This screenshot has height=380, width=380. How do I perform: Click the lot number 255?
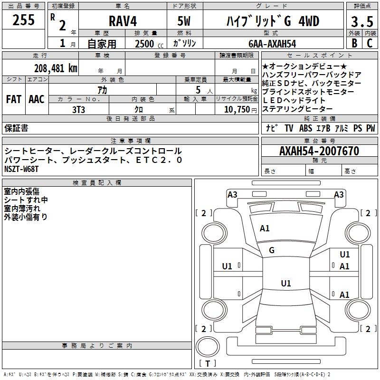coord(23,20)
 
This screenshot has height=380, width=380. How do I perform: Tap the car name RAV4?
coord(123,21)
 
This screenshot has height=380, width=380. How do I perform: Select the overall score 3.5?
coord(362,21)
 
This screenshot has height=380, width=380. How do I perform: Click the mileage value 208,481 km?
coord(56,68)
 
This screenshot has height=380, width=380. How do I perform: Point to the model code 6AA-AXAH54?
coord(272,44)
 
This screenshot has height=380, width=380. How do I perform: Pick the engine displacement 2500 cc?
coord(149,44)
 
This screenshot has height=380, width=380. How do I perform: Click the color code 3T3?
coord(78,110)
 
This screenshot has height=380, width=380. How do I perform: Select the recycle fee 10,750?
coord(237,110)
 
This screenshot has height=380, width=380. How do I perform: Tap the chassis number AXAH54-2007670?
coord(319,151)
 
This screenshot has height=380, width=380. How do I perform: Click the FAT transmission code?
coord(14,99)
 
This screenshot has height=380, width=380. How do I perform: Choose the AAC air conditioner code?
coord(37,99)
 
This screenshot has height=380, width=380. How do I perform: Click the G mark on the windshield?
coord(272,250)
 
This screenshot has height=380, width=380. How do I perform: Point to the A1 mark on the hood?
coord(265,228)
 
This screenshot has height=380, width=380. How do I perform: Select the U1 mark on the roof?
coord(286,283)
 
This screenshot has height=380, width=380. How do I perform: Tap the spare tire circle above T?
coord(208,346)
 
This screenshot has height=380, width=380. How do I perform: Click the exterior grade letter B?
coord(354,43)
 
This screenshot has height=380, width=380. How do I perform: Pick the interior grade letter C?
coord(370,43)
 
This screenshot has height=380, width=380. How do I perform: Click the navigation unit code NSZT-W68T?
coord(21,169)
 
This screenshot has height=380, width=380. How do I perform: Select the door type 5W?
coord(184,21)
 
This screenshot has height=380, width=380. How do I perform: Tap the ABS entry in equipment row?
coord(305,128)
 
